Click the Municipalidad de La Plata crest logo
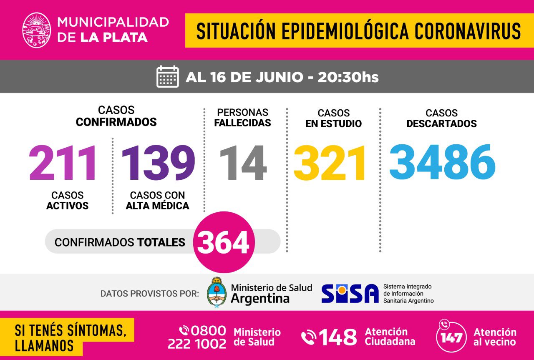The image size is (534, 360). pos(37,30)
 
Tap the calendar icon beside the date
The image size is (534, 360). pos(168,77)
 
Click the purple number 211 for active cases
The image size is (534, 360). pos(63,163)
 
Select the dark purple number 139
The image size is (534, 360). pos(158,163)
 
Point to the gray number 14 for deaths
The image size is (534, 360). pos(243,163)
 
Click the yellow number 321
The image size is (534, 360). pos(330,163)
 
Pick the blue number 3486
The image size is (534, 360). pos(442,162)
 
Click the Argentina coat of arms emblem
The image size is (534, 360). pos(217,292)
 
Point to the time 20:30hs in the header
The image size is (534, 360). pos(348,77)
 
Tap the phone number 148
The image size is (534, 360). pos(338,337)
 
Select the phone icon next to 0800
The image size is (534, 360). pos(184,331)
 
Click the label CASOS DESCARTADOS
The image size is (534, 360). pos(441,118)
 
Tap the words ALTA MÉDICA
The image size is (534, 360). pos(158,206)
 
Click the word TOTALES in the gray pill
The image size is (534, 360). pos(161,242)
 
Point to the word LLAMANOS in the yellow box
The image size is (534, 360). pos(44,345)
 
